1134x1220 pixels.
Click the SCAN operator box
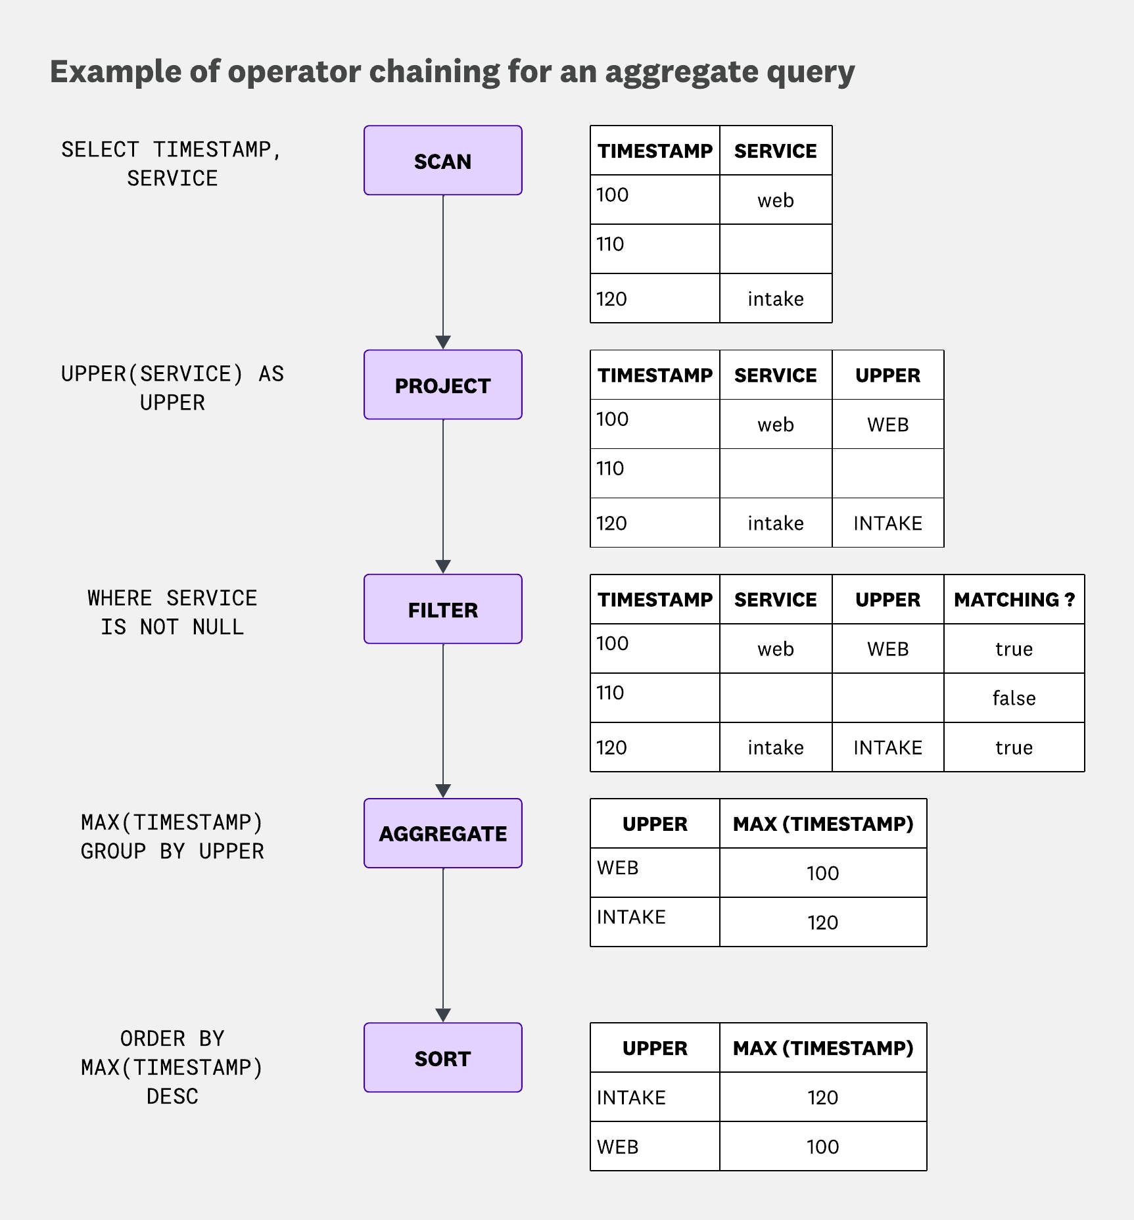click(x=442, y=160)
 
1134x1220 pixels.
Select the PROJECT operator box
click(x=442, y=385)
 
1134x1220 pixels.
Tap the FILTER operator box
click(x=442, y=609)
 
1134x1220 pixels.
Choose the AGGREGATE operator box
click(x=442, y=833)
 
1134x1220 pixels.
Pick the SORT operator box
click(x=442, y=1058)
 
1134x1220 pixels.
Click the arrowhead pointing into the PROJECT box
click(x=443, y=342)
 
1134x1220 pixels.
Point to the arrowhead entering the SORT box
click(x=443, y=1015)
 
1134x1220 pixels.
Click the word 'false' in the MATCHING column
click(x=1014, y=698)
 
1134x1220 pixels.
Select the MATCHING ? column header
click(x=1014, y=599)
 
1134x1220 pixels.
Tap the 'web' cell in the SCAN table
click(x=775, y=200)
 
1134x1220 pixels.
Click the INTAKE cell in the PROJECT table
click(x=887, y=523)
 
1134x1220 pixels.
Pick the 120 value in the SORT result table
click(x=822, y=1097)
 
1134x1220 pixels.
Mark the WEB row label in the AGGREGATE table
click(x=617, y=868)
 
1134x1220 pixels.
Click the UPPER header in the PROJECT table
click(x=887, y=375)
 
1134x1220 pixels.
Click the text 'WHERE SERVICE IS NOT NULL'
click(x=172, y=612)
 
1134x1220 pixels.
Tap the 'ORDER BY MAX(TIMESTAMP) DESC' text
click(x=172, y=1067)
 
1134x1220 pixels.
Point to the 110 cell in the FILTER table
click(x=610, y=693)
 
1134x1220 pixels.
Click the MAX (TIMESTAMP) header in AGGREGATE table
click(x=823, y=824)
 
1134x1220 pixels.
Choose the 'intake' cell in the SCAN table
click(x=775, y=299)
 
